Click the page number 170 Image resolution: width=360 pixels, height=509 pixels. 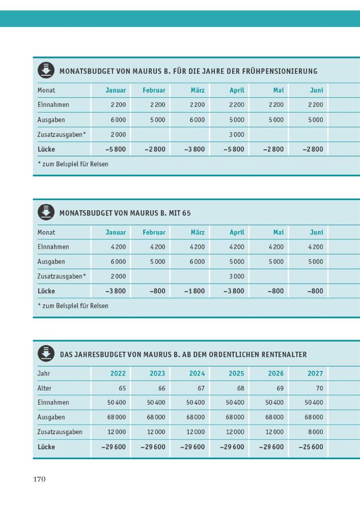[40, 479]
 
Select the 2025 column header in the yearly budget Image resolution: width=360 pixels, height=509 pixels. [236, 373]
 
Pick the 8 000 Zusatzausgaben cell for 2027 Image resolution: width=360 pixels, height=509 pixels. [315, 432]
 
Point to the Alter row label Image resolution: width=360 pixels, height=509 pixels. [45, 388]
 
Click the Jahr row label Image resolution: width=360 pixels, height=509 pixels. [44, 373]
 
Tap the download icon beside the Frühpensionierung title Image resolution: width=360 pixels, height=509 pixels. [46, 70]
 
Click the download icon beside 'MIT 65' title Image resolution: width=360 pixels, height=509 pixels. [46, 212]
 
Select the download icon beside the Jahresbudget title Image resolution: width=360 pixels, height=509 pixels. [46, 354]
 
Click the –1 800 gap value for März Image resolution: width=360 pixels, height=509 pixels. [195, 291]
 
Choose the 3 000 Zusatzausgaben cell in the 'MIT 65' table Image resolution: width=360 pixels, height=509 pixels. [237, 276]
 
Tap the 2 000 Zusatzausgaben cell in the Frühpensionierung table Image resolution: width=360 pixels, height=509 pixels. [118, 134]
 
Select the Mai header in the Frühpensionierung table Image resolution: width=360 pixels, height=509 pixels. [278, 90]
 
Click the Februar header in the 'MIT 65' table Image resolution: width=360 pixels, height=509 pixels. [154, 232]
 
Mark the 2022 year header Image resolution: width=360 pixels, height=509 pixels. [118, 373]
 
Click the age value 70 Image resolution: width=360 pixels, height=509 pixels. [319, 388]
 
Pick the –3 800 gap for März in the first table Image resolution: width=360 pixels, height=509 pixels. [195, 149]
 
